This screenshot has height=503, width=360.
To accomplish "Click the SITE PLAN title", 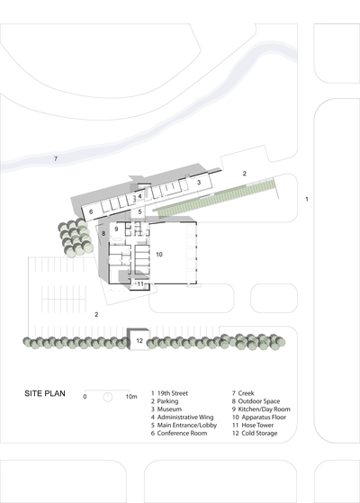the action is [45, 393].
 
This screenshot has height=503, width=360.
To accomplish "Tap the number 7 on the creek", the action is [56, 158].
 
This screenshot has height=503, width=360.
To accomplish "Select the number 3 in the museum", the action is [199, 182].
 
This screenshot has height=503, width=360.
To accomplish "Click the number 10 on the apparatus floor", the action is [159, 255].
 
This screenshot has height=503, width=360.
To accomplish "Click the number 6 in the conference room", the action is [91, 211].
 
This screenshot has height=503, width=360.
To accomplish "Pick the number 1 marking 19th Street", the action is [307, 199].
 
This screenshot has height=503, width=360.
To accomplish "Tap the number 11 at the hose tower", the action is [140, 284].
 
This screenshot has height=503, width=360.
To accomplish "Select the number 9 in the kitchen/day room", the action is [116, 229].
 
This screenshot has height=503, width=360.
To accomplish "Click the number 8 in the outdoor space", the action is [103, 234].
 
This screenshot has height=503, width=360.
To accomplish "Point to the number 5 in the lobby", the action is [139, 211].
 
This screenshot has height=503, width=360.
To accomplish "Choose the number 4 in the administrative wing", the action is [139, 196].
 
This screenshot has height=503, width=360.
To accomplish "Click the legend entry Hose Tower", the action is [253, 426].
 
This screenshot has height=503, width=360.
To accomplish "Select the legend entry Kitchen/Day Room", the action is [261, 409].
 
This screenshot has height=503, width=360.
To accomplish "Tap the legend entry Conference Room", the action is [179, 434].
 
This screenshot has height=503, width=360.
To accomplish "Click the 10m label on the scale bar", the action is [131, 397].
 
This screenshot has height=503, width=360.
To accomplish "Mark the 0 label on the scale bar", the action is [85, 397].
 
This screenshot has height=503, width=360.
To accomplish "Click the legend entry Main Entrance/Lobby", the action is [184, 426].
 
